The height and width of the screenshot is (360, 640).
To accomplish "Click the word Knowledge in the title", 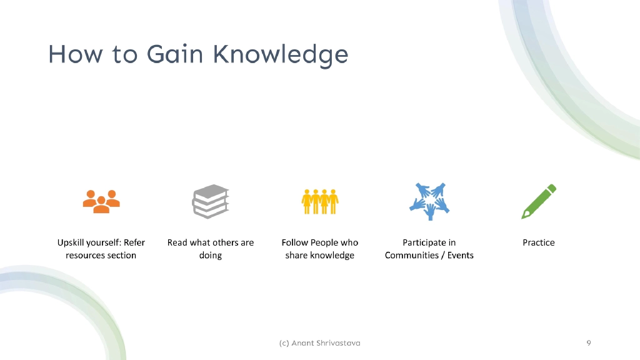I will point(280,54).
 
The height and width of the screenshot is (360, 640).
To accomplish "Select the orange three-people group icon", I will point(101,201).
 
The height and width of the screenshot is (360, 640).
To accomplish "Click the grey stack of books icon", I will point(211,201).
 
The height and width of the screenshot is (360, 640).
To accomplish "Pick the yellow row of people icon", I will point(320,201).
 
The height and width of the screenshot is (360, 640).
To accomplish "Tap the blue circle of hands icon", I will point(429,201).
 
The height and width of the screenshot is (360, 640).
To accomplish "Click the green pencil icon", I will point(539,201).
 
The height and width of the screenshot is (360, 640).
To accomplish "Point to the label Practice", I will point(539,242).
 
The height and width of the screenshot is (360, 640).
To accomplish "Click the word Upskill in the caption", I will point(73,242).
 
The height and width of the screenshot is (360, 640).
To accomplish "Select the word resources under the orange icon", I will point(85,255).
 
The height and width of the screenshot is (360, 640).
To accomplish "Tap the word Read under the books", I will point(177,242).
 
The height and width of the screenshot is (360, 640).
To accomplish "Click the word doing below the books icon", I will point(211,255).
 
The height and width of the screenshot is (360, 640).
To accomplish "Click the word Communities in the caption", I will point(410,255).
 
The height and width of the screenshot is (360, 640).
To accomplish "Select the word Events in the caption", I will point(461,255).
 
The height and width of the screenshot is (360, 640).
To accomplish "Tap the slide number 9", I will point(589,343).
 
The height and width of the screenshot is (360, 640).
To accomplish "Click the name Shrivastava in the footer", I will point(338,343).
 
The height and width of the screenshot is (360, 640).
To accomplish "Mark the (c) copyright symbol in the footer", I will point(284,343).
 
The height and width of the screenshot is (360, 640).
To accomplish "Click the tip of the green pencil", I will point(524,216).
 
